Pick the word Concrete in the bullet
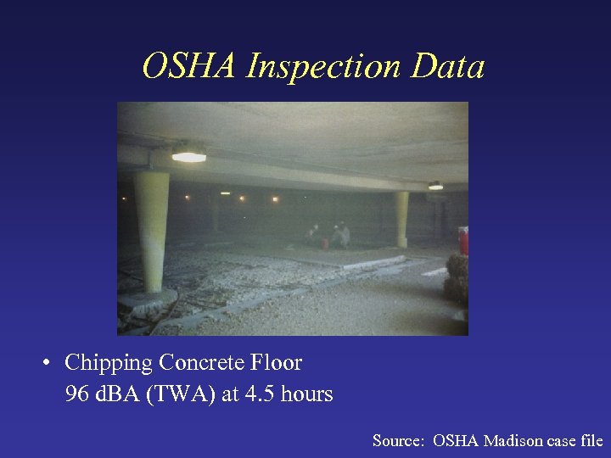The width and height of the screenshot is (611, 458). (203, 363)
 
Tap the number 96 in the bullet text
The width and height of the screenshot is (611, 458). (76, 394)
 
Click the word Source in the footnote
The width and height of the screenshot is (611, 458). (398, 440)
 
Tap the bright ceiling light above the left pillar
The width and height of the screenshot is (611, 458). (188, 157)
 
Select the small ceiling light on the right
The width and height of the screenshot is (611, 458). (435, 186)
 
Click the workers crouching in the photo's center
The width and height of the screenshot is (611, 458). (329, 236)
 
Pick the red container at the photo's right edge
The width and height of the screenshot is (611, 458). (463, 240)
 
